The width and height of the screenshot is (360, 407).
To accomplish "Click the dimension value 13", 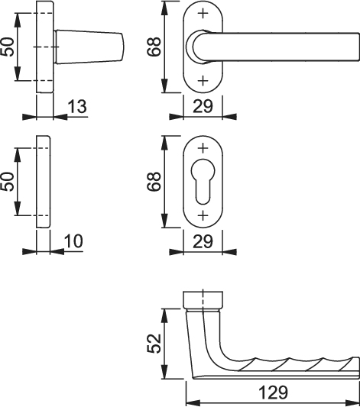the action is click(77, 106).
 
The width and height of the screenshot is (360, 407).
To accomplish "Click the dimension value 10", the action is click(73, 241).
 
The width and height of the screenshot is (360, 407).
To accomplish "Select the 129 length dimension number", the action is click(274, 392).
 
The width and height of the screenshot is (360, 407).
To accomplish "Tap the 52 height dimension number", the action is click(154, 344).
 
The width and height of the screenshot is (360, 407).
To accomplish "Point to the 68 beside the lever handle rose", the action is click(154, 47).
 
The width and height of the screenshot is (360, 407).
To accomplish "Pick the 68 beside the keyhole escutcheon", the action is click(154, 182).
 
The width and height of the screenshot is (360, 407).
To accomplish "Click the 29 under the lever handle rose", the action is click(203, 106).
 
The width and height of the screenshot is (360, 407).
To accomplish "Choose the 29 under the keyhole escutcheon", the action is click(203, 241).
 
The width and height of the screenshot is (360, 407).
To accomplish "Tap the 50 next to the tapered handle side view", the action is click(7, 47).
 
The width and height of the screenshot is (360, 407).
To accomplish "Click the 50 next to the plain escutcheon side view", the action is click(7, 182).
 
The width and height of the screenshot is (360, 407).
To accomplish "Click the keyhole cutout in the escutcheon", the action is click(203, 181).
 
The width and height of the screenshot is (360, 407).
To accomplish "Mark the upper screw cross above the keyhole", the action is click(203, 148).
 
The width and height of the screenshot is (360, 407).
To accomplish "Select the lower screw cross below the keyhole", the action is click(203, 215).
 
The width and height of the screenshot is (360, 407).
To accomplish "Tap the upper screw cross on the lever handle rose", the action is click(203, 13).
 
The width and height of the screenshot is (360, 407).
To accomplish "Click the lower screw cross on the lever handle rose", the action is click(203, 81).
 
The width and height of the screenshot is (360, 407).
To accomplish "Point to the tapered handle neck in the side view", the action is click(89, 47).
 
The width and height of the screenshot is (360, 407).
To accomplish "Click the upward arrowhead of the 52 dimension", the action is click(164, 316).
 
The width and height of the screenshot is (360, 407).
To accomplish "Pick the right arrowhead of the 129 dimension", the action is click(352, 403).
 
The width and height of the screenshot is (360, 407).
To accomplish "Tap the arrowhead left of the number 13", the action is click(60, 117).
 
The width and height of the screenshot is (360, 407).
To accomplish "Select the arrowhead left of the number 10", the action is click(57, 251).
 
